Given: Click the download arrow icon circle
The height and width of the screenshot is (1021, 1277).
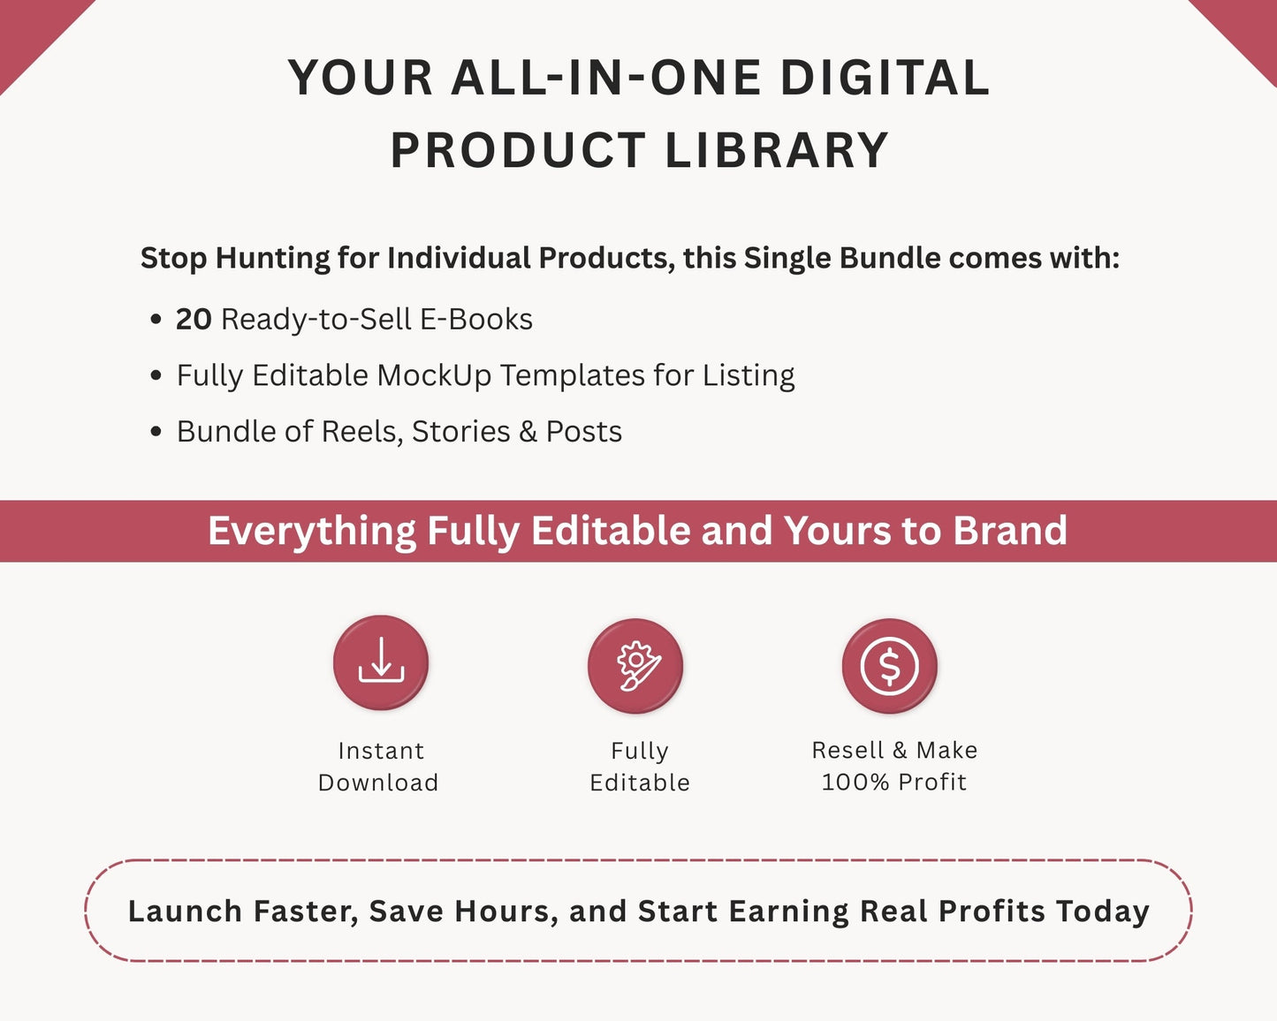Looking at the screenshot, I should coord(381,663).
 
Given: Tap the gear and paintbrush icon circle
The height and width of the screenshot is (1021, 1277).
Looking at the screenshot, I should coord(635,666).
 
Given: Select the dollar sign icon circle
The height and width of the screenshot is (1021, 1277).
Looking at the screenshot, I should coord(890,666).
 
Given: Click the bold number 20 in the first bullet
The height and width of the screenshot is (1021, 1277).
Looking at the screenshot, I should coord(194,319).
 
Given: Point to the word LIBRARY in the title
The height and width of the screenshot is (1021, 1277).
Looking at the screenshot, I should coord(776,150).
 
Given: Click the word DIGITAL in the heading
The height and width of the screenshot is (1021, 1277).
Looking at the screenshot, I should coord(885,78).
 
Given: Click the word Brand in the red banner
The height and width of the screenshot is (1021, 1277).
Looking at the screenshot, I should coord(1010,531).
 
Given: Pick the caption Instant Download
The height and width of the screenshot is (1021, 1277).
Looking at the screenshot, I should coord(379,766).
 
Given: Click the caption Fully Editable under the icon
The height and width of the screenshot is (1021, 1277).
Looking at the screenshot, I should coord(640,766).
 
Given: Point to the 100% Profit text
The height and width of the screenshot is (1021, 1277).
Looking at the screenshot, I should coord(894,782).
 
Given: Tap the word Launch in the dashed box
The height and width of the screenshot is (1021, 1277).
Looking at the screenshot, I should coord(185,911).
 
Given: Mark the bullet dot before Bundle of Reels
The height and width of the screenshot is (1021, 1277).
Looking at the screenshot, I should coord(156,432).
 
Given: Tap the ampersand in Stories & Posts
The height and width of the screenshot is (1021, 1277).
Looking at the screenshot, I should coord(528,432).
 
